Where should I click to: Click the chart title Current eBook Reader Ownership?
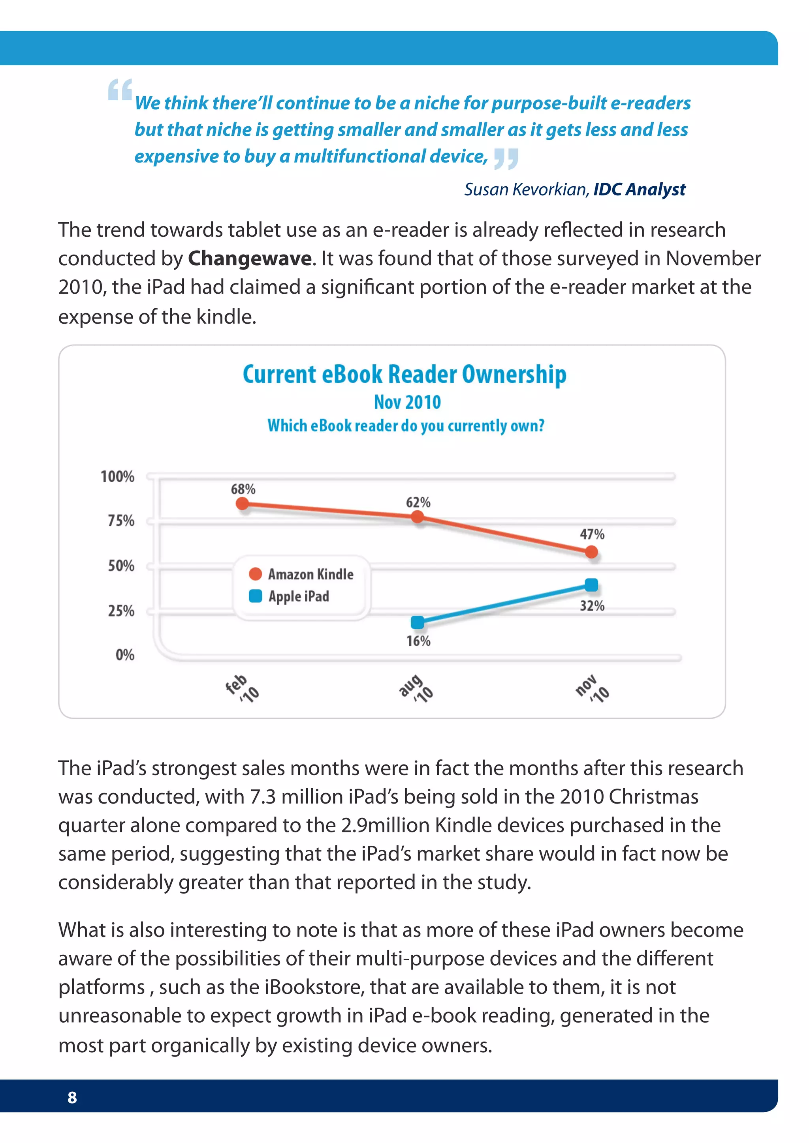[404, 375]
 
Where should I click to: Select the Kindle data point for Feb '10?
[243, 504]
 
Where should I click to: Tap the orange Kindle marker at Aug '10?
[418, 517]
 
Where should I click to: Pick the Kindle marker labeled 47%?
[591, 552]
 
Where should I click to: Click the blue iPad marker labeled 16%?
[418, 622]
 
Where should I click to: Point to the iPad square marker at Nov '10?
[591, 585]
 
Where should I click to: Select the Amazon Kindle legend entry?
[301, 574]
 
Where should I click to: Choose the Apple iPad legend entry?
[290, 596]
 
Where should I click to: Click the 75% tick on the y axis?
[121, 521]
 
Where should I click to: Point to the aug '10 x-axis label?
[416, 689]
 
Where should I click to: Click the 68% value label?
[243, 489]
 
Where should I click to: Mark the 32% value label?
[592, 606]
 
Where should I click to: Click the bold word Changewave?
[250, 259]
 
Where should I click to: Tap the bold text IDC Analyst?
[639, 190]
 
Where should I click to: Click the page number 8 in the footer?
[72, 1097]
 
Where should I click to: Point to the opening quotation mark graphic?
[120, 90]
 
